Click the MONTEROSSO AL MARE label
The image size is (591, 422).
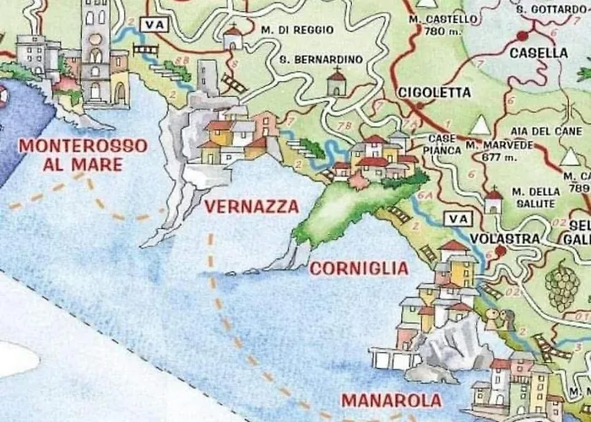(83, 154)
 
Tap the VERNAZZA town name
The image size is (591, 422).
(252, 207)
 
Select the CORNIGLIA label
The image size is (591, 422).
(359, 268)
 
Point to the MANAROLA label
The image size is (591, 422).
(391, 400)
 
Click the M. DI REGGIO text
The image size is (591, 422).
(297, 30)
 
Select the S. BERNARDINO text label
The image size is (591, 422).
(321, 59)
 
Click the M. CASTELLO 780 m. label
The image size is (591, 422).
(437, 24)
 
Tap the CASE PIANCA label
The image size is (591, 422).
(442, 143)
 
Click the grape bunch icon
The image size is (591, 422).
(562, 285)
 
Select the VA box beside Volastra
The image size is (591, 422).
(458, 219)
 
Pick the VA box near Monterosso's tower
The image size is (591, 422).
(153, 24)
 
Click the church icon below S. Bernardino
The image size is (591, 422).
(337, 82)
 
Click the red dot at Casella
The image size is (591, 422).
(523, 36)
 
